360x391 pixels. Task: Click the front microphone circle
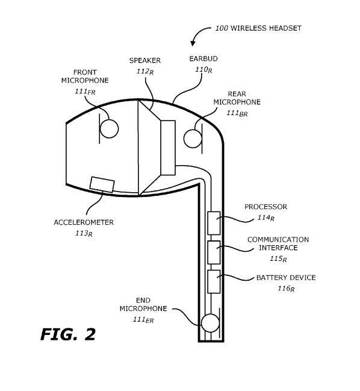(x=109, y=128)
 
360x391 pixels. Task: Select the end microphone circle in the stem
(x=210, y=323)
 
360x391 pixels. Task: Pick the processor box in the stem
(x=214, y=223)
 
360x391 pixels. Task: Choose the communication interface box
(x=214, y=252)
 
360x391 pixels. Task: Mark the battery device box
(x=214, y=281)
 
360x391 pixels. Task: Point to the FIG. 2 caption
(x=67, y=334)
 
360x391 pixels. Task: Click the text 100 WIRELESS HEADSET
(x=258, y=28)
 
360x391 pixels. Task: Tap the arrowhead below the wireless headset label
(x=193, y=43)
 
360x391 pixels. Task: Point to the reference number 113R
(x=83, y=233)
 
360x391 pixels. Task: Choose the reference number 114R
(x=265, y=217)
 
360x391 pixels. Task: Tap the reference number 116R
(x=286, y=289)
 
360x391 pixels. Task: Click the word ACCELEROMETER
(x=83, y=222)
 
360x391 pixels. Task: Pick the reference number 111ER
(x=143, y=320)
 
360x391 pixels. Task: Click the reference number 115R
(x=278, y=258)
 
